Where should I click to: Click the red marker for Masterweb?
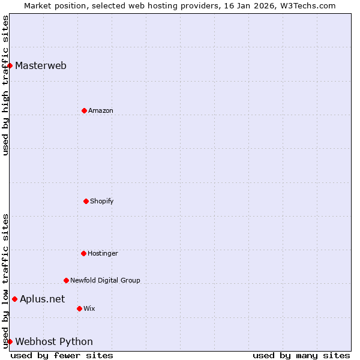10,65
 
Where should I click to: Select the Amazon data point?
84,110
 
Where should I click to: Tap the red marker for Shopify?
86,201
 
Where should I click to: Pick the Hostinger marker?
83,253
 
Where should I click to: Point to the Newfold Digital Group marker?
66,280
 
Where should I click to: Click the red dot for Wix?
79,308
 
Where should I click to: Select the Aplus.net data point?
14,299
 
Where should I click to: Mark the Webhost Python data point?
10,341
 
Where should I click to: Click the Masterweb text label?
41,66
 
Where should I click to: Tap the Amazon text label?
101,111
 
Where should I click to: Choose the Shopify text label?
102,202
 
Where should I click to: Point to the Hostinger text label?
103,254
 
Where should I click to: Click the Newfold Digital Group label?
105,281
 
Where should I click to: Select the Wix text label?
89,309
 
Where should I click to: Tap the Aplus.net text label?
42,299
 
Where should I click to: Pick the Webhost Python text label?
54,342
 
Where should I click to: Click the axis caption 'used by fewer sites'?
62,356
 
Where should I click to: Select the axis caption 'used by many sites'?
301,356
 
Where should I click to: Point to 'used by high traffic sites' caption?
5,85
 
